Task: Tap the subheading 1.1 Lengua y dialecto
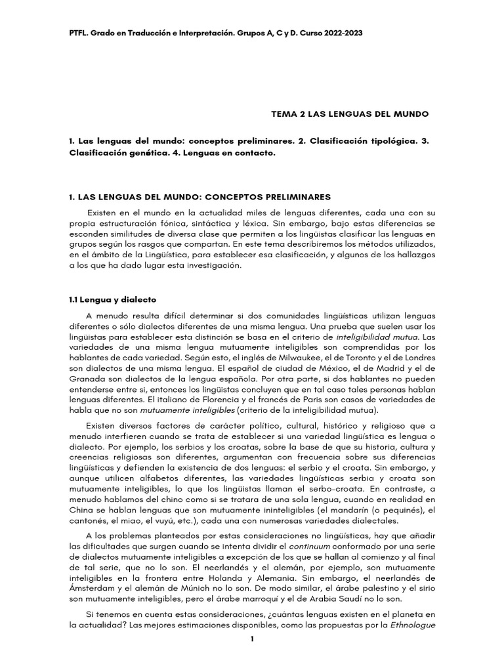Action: [x=112, y=299]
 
